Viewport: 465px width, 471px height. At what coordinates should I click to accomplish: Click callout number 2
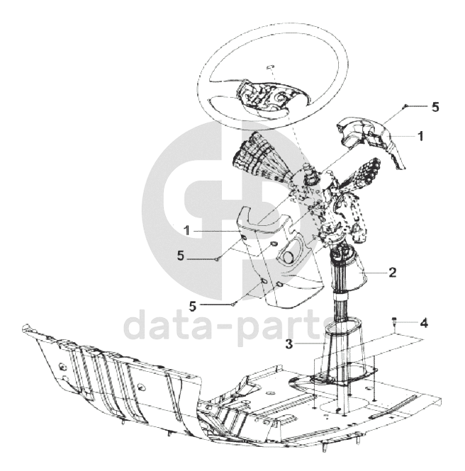click(x=393, y=273)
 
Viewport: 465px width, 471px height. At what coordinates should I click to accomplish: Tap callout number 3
click(x=289, y=344)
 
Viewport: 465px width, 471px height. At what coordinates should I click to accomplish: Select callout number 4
click(x=424, y=323)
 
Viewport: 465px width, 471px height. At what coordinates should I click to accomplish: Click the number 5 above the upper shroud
click(x=435, y=107)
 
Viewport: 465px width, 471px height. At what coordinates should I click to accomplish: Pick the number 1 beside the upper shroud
click(x=421, y=136)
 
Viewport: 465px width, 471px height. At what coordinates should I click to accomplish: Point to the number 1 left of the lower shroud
click(x=187, y=231)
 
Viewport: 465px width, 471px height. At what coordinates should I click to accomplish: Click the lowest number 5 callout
click(x=193, y=306)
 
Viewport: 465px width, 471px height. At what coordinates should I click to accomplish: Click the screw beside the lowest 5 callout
click(x=233, y=305)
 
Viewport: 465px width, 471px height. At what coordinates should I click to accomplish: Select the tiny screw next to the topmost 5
click(x=405, y=106)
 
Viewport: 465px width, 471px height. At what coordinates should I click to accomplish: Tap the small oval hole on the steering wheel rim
click(x=270, y=67)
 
